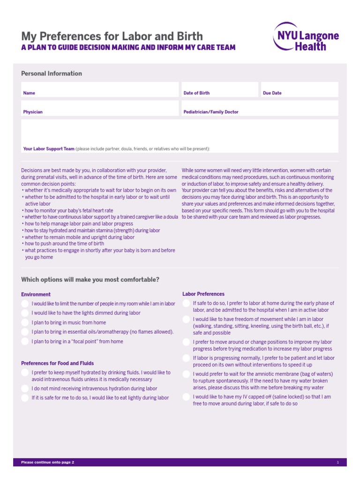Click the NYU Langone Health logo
click(306, 36)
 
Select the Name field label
click(29, 93)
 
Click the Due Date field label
click(272, 93)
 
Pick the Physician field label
click(33, 112)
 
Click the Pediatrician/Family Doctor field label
click(210, 112)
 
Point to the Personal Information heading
click(52, 74)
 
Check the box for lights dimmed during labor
click(25, 313)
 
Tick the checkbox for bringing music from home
click(25, 322)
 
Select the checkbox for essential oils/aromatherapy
click(25, 332)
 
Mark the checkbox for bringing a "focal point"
click(25, 342)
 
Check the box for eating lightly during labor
click(25, 398)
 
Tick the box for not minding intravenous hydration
click(25, 389)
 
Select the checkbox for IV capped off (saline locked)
click(187, 397)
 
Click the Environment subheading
click(36, 294)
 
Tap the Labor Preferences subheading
click(203, 294)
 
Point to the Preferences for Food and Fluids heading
click(57, 363)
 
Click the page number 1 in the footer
click(337, 463)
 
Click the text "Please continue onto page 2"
click(47, 463)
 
